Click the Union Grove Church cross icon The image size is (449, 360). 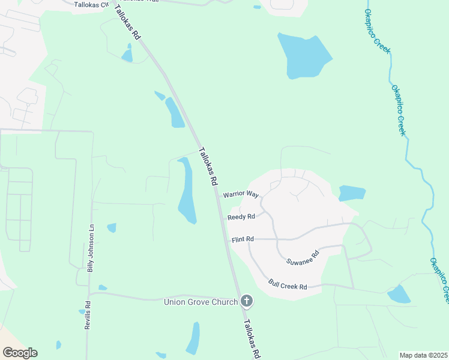coord(246,301)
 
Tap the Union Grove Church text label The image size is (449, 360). coord(201,302)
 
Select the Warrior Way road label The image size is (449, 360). coord(240,194)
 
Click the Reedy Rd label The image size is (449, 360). coord(241,217)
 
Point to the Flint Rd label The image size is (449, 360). coord(243,239)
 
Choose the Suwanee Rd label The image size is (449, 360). coord(303,257)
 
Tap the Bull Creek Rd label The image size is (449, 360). coord(288,284)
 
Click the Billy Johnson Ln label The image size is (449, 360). coord(91,249)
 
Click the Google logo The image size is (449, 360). coord(20,353)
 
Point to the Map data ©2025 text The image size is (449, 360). coord(423,355)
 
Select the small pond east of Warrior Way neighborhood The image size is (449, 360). coord(352,193)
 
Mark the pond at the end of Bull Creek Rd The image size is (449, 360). coord(399,294)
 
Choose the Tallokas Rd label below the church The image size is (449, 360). coord(251,338)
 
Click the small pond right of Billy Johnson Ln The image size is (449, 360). coord(112,227)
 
